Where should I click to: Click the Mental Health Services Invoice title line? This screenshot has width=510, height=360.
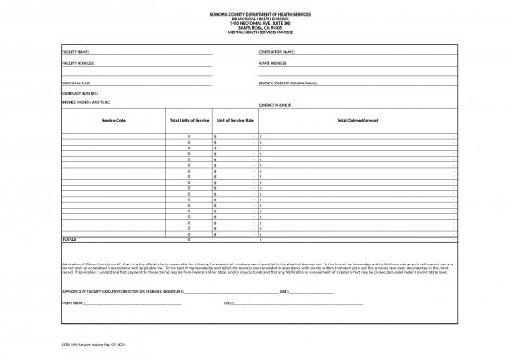[255, 32]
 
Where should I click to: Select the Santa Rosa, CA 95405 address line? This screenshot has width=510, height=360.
[255, 26]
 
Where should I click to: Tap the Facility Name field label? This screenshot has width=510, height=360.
[77, 51]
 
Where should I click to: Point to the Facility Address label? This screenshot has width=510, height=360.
[80, 63]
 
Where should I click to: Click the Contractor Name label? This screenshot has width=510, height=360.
[277, 51]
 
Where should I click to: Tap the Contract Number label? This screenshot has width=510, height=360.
[81, 94]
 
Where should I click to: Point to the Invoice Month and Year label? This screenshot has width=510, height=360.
[86, 102]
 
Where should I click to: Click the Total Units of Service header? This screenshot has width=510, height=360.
[189, 122]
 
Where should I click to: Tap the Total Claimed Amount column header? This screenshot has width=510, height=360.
[358, 122]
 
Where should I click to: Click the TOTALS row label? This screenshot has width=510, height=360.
[69, 239]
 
